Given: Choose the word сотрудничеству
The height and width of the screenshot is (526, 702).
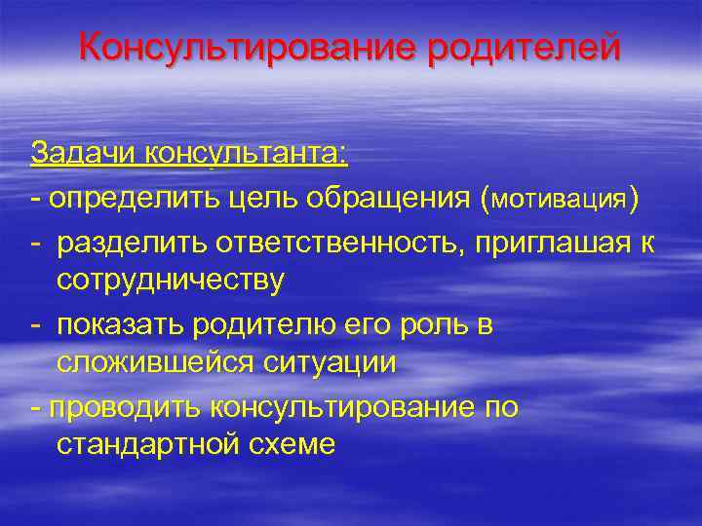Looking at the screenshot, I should (x=171, y=281).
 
